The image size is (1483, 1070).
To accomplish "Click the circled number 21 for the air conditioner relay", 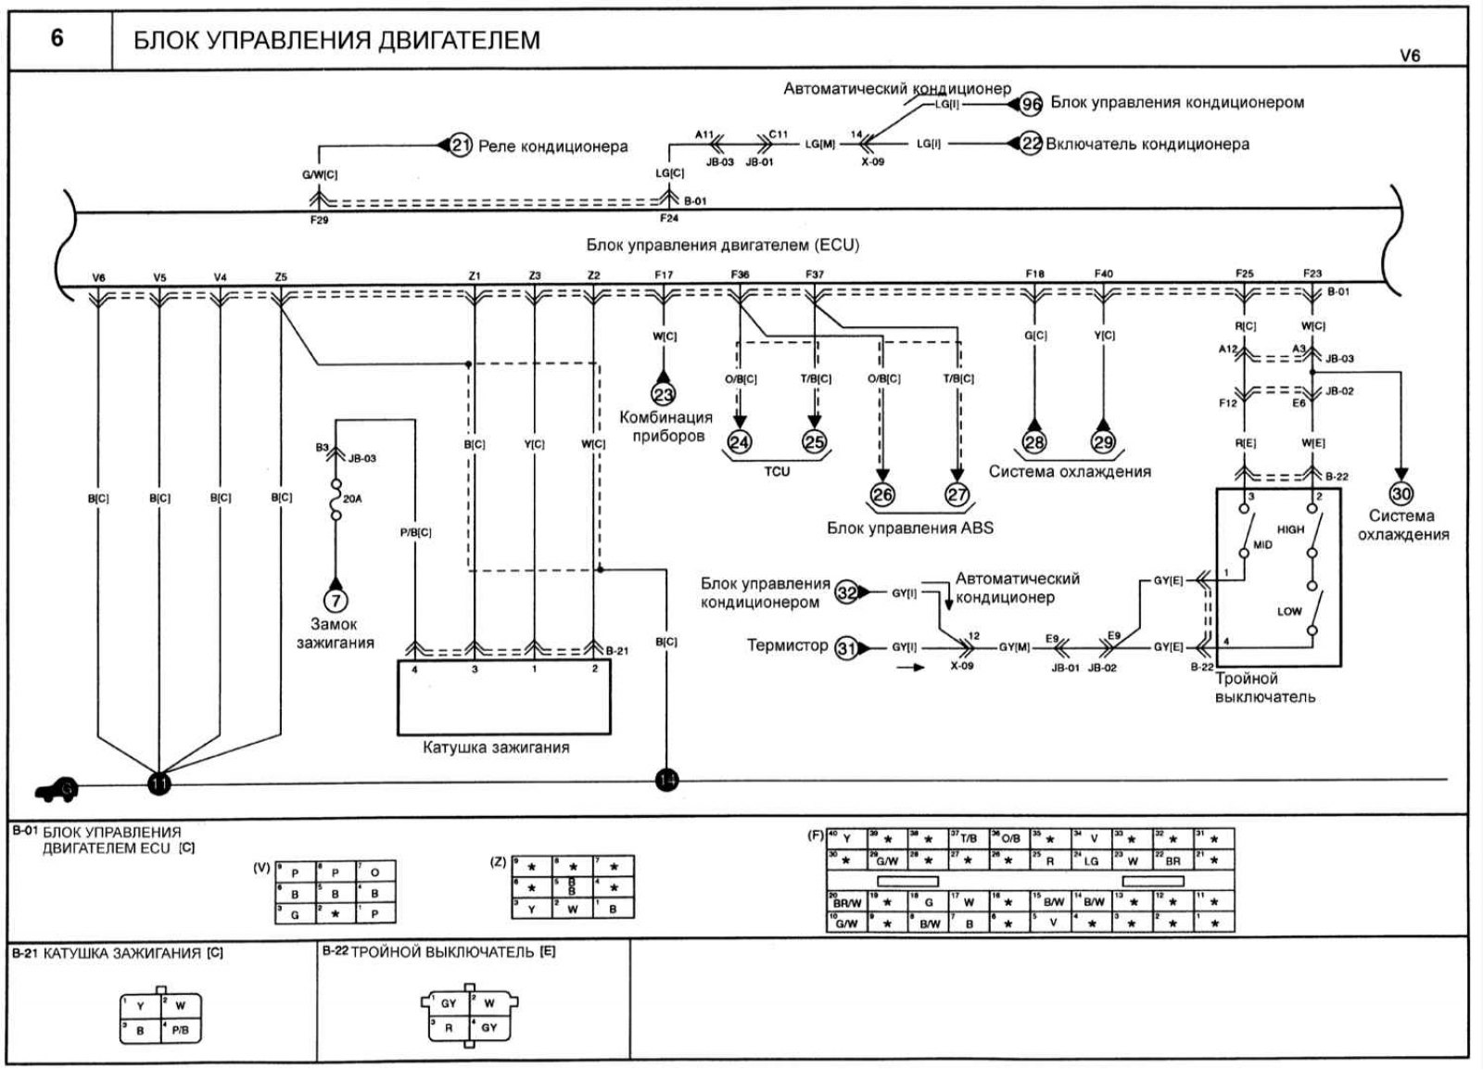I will coord(461,146).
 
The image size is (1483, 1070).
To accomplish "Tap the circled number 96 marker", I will coord(1031,104).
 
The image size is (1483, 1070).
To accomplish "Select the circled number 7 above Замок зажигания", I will coord(336,601).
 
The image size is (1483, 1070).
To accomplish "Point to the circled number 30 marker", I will coord(1401,494).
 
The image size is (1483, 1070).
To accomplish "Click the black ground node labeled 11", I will coord(159,783).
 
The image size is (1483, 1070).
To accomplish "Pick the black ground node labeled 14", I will coord(666,780).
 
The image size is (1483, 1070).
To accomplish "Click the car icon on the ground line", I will coord(56,789).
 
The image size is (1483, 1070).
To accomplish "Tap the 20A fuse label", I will coord(352,499).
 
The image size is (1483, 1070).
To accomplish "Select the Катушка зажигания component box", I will coord(503,696).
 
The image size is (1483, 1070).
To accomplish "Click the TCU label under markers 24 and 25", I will coord(777,471).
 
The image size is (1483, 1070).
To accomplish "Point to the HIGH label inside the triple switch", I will coord(1290,529).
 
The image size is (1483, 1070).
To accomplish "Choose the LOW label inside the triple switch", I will coord(1289,611).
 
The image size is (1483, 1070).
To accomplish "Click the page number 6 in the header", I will coord(57,39).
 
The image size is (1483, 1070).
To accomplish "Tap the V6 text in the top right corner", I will coord(1409,56).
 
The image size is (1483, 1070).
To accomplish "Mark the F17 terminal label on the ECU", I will coord(664,274).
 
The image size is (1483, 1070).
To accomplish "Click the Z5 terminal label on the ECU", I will coord(281,276).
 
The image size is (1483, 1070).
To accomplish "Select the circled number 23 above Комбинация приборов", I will coord(665,394).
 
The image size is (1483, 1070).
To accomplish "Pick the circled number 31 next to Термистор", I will coord(845,648).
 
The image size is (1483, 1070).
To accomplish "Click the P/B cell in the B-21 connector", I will coord(180,1029).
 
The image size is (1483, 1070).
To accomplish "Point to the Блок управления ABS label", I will coord(909,528).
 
